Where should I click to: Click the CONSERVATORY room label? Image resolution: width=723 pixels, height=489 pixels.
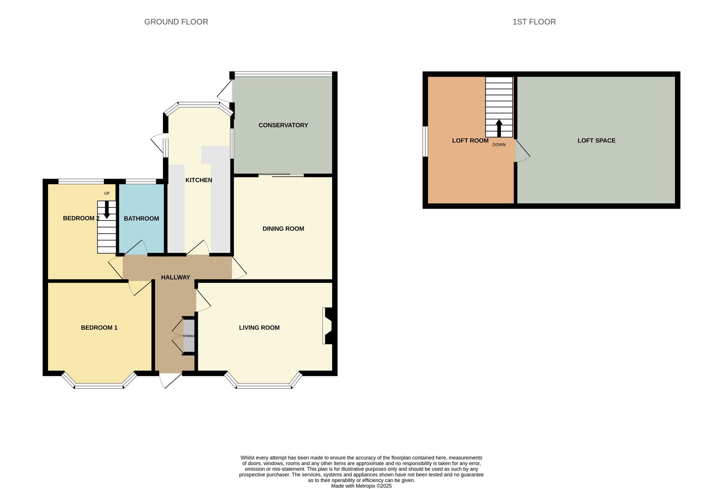point(283,125)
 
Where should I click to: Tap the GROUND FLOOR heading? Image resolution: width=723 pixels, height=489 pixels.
point(176,22)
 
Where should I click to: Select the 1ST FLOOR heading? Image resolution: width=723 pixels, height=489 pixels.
point(534,22)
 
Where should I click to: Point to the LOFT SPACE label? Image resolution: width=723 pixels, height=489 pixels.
point(596,141)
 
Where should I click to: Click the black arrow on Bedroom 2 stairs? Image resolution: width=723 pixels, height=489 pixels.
point(107,210)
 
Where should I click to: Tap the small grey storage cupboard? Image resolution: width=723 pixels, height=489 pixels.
point(189,336)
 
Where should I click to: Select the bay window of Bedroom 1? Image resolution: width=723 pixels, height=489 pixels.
point(99,386)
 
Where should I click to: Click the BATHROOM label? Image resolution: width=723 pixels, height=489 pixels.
point(141,219)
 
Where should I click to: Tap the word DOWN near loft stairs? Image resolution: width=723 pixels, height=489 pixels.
point(499,145)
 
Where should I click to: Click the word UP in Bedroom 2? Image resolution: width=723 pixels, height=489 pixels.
point(107,193)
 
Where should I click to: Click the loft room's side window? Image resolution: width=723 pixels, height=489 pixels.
point(425,141)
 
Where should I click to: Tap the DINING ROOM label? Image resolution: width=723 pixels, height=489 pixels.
point(283,228)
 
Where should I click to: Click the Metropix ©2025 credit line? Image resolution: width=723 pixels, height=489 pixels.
point(361,486)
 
